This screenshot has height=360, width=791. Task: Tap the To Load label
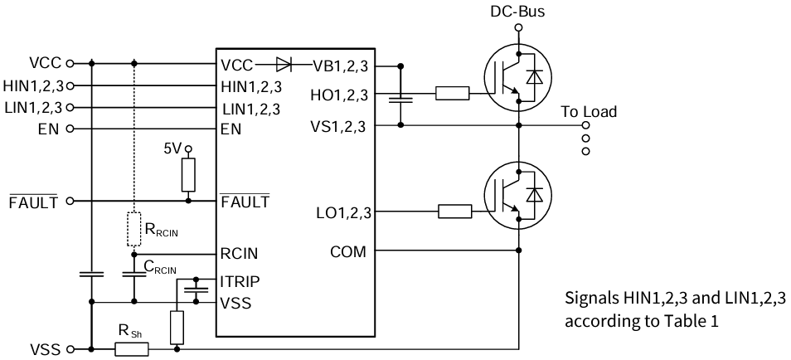[588, 112]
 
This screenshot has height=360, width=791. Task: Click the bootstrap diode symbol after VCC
[284, 63]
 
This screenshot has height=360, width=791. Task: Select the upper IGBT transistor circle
[518, 77]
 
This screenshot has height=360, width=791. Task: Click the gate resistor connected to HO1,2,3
[452, 94]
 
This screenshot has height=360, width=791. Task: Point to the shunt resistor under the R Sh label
[131, 349]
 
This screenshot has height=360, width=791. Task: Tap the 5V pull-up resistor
[188, 175]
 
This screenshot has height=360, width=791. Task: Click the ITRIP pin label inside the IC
[240, 281]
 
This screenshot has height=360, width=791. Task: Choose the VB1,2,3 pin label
[340, 64]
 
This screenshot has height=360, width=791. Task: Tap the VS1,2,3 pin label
[340, 126]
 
